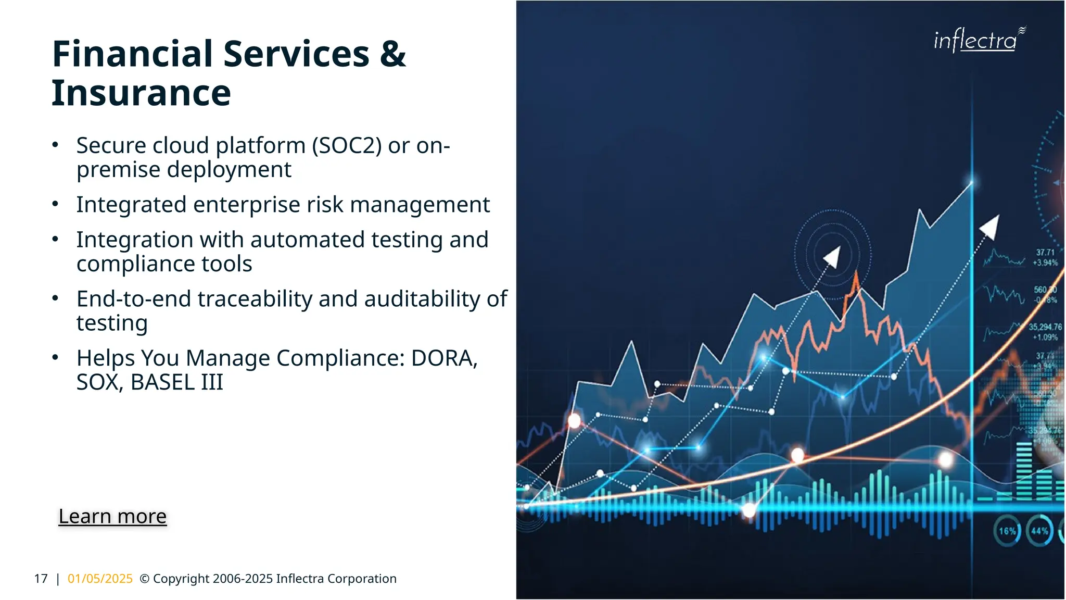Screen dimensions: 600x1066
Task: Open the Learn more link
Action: tap(112, 516)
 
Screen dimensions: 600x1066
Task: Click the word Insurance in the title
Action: tap(141, 93)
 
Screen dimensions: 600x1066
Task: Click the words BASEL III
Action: tap(176, 383)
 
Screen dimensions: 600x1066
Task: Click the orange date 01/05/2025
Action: tap(100, 579)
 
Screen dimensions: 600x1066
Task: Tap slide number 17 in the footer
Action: tap(41, 579)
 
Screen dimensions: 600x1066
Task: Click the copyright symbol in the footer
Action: tap(145, 579)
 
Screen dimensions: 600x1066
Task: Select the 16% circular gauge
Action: tap(1007, 531)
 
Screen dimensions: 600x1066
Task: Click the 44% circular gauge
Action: tap(1039, 531)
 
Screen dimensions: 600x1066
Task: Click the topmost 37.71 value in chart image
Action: tap(1045, 253)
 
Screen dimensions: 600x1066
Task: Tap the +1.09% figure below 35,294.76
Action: tap(1045, 337)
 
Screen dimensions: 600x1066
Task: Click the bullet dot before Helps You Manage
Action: tap(55, 357)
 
